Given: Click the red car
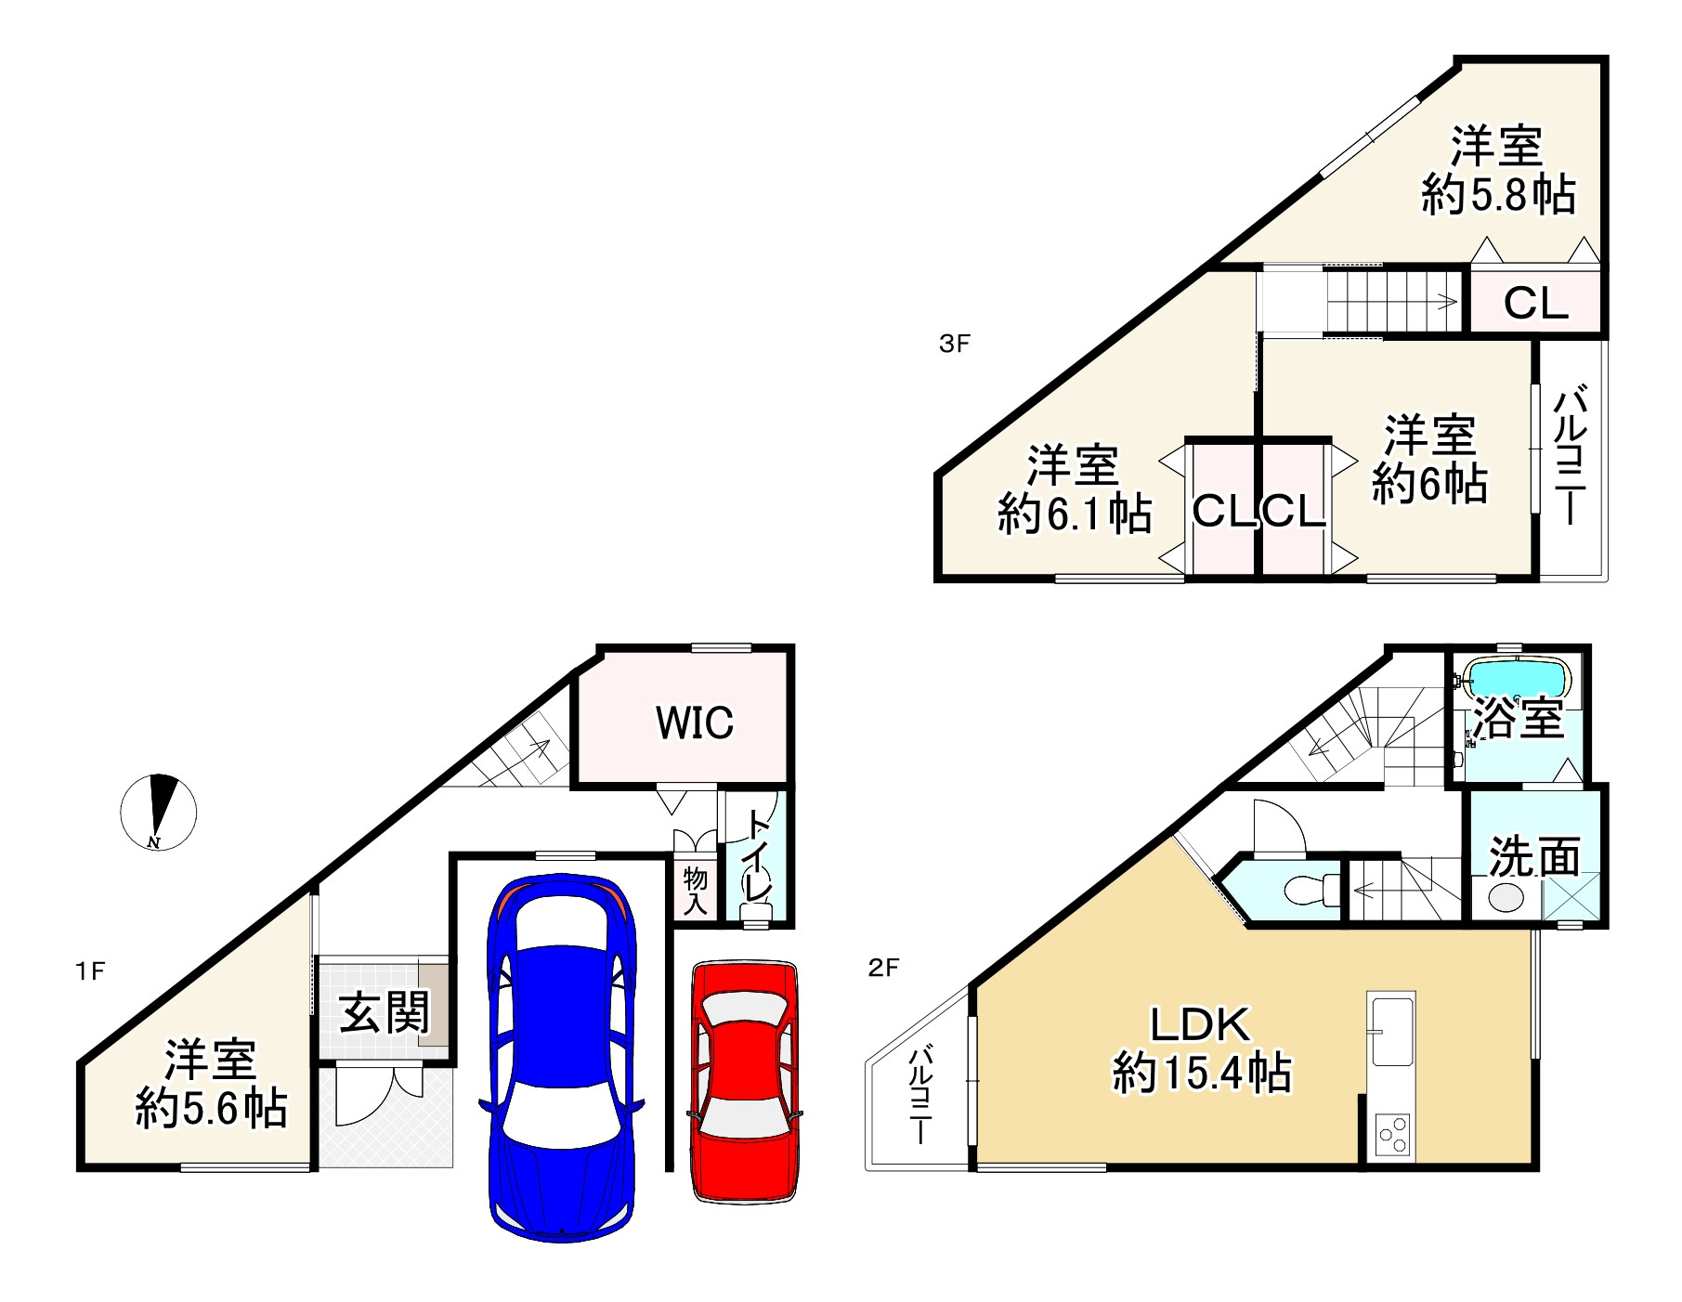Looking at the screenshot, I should pyautogui.click(x=744, y=1082).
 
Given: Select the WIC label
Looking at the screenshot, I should pyautogui.click(x=695, y=723).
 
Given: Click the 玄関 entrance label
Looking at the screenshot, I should pyautogui.click(x=384, y=1011).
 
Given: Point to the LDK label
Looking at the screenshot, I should pyautogui.click(x=1201, y=1025).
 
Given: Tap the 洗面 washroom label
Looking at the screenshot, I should pyautogui.click(x=1534, y=855).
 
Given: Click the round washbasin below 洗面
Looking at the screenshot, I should pyautogui.click(x=1506, y=897).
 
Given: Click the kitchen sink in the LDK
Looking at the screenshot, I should pyautogui.click(x=1391, y=1029).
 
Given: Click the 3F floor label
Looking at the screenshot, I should pyautogui.click(x=954, y=345).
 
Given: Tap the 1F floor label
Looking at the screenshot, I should pyautogui.click(x=90, y=971).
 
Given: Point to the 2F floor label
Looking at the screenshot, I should pyautogui.click(x=883, y=969).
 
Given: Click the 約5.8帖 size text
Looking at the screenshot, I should pyautogui.click(x=1498, y=196).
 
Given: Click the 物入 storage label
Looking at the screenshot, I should pyautogui.click(x=695, y=891).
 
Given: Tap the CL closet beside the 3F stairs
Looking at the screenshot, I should pyautogui.click(x=1535, y=303).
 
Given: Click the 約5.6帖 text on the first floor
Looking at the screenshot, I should pyautogui.click(x=211, y=1108).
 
